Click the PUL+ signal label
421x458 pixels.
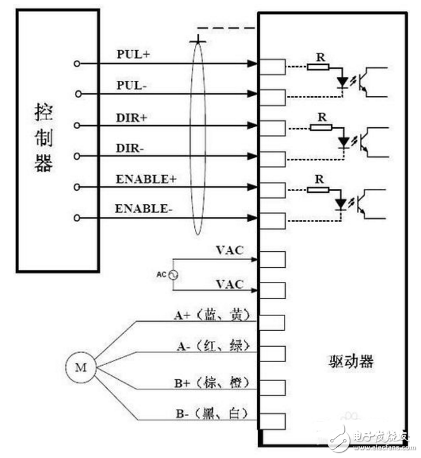(x=133, y=55)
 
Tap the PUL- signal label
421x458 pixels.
(x=132, y=85)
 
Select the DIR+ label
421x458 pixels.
(x=132, y=118)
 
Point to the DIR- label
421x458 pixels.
(x=131, y=148)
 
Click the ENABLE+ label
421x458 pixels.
(x=145, y=179)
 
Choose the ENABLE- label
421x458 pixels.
(x=144, y=209)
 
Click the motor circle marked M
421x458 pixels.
(x=81, y=367)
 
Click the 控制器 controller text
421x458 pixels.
(x=43, y=136)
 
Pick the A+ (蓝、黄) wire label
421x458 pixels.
(x=210, y=315)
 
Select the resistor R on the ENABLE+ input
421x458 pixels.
(x=317, y=189)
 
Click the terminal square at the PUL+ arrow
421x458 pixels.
(x=272, y=66)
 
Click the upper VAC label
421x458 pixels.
(x=231, y=250)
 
